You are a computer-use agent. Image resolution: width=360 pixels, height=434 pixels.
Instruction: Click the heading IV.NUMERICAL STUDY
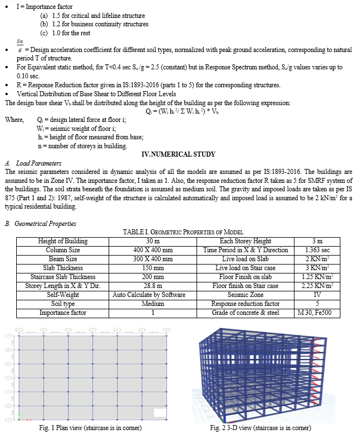(179, 154)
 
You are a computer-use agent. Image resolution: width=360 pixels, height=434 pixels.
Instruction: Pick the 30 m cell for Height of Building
(146, 241)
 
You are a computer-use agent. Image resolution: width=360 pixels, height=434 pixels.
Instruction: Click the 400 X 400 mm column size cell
(146, 250)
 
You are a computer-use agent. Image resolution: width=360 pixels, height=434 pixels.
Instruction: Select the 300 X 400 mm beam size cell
(146, 259)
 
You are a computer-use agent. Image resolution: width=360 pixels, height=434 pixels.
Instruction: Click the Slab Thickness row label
(63, 268)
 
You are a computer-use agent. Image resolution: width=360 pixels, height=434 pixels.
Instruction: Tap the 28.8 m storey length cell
(146, 286)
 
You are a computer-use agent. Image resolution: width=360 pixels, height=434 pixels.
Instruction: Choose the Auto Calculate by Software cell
(146, 295)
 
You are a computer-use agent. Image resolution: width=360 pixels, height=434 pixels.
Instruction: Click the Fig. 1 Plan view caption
(89, 428)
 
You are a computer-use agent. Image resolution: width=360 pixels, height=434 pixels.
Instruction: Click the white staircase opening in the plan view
(160, 413)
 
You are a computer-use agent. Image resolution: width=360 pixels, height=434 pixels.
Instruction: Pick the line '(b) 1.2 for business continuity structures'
(94, 24)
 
